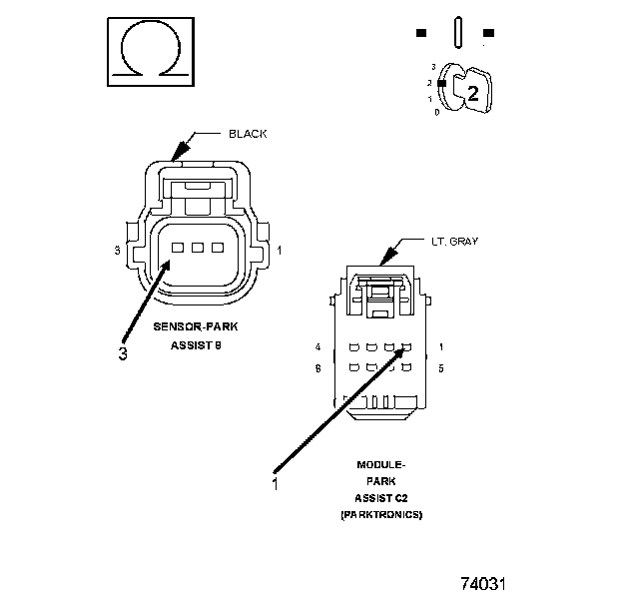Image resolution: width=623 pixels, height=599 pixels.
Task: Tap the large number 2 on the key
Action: pyautogui.click(x=473, y=94)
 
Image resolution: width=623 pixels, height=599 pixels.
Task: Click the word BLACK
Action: pyautogui.click(x=248, y=134)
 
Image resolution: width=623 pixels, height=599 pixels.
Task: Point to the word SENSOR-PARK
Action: pyautogui.click(x=196, y=326)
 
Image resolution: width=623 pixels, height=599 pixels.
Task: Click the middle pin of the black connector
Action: pyautogui.click(x=197, y=247)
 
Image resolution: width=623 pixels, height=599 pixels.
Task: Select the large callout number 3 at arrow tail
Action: pyautogui.click(x=123, y=353)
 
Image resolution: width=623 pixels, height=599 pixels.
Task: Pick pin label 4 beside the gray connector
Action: pyautogui.click(x=317, y=347)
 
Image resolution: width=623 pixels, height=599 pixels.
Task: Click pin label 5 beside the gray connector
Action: pyautogui.click(x=440, y=368)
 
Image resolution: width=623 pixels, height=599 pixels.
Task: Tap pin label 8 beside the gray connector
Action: pyautogui.click(x=317, y=368)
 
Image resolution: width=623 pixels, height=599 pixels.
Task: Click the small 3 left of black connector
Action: pyautogui.click(x=118, y=250)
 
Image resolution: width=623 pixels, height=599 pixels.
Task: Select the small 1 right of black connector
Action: pyautogui.click(x=279, y=250)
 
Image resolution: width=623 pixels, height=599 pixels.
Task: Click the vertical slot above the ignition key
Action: pyautogui.click(x=455, y=31)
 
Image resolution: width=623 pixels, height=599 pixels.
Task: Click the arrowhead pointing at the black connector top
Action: pyautogui.click(x=178, y=153)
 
